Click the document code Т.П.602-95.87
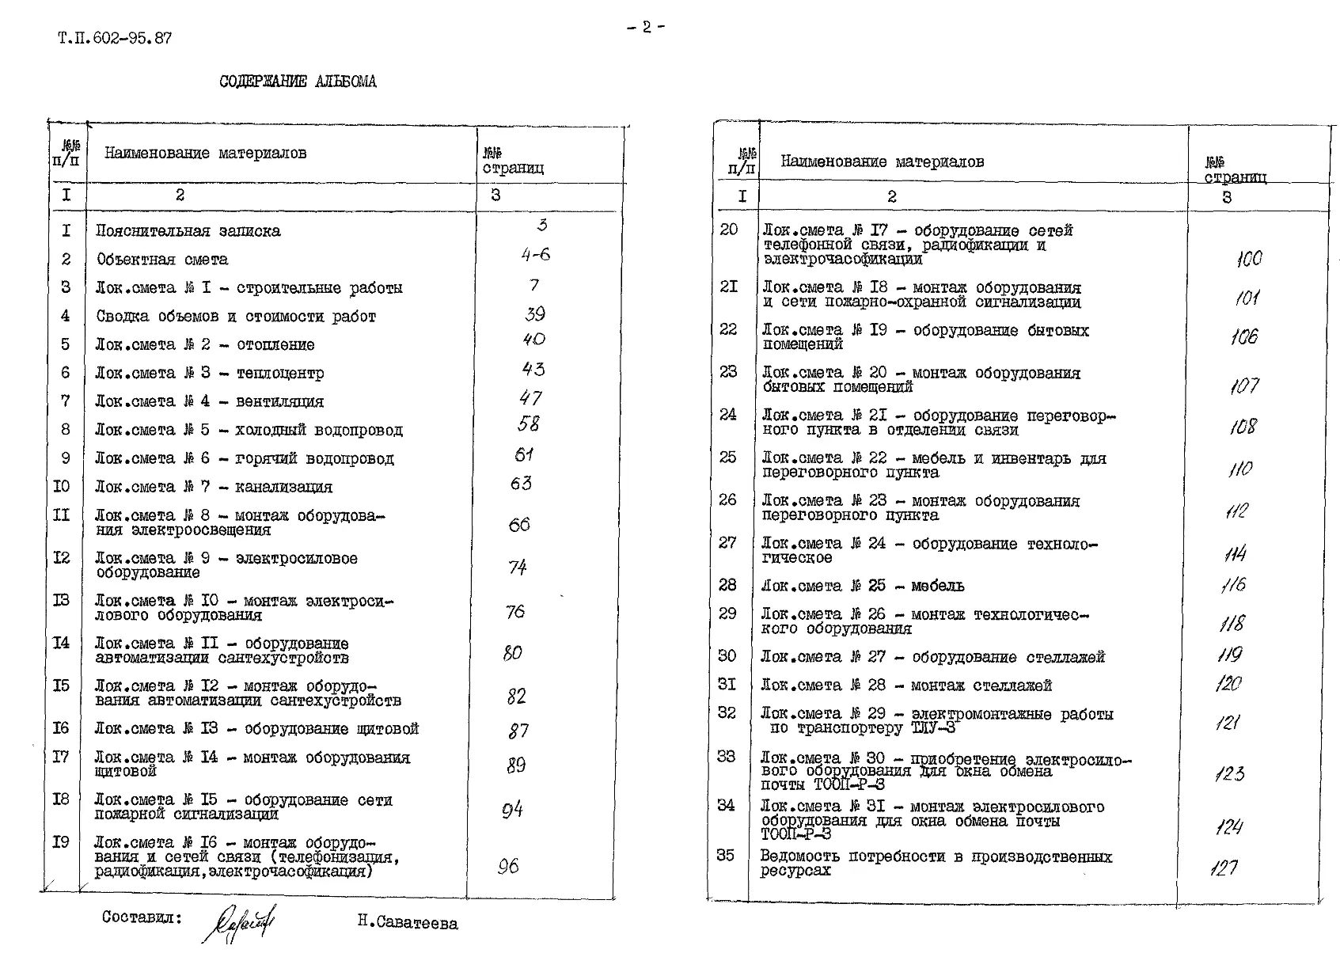(114, 38)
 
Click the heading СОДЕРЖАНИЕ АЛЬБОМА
(298, 82)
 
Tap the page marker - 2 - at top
(646, 27)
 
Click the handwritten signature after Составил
(241, 923)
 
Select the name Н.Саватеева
(407, 923)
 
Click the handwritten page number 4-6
(536, 255)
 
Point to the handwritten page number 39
(535, 314)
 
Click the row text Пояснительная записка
(188, 231)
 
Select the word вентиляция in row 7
(279, 402)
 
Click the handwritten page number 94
(512, 810)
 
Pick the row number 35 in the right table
(725, 856)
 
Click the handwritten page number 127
(1223, 868)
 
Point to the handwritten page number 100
(1248, 259)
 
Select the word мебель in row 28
(937, 587)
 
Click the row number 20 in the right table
(728, 230)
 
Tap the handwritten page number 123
(1229, 773)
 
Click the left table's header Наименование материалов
(205, 154)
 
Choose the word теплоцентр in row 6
(280, 374)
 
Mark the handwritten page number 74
(518, 568)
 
